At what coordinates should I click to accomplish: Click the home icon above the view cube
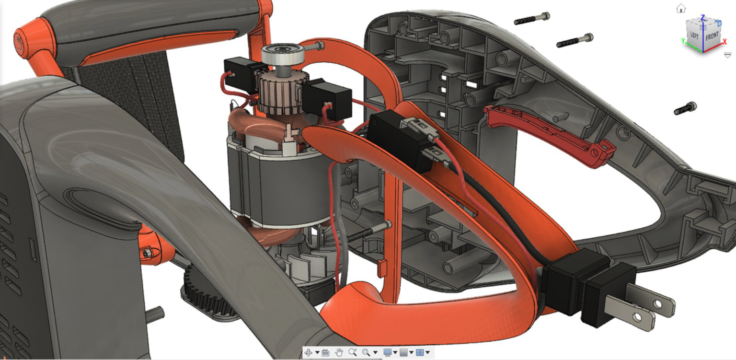coord(681,8)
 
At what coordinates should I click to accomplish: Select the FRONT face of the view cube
coord(712,36)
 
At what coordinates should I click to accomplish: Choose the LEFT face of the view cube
coord(694,35)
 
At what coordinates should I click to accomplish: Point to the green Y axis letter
coord(683,41)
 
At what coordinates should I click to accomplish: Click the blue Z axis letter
coord(703,17)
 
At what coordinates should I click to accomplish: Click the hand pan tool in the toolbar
coord(339,352)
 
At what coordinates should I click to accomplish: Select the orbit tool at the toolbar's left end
coord(308,352)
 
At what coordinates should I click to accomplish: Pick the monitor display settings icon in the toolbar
coord(388,352)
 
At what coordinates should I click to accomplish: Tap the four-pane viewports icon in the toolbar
coord(420,352)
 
